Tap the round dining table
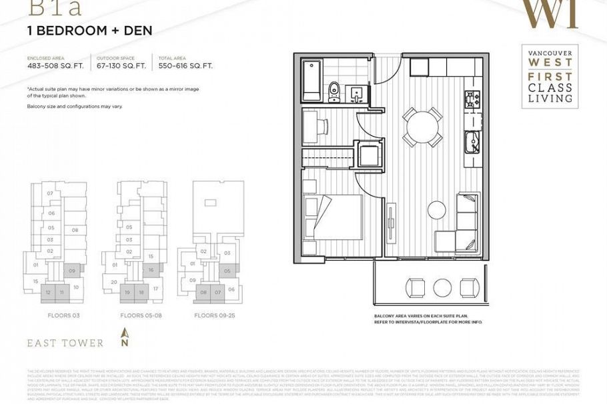click(x=422, y=125)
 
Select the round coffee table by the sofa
click(x=436, y=209)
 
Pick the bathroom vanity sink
click(x=357, y=93)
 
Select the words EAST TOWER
click(x=65, y=343)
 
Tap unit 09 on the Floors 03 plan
click(x=72, y=271)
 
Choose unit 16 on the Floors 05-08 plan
click(x=151, y=270)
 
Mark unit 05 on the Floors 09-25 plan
click(x=227, y=271)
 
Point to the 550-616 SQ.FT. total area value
click(x=185, y=65)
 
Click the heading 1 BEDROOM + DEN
click(x=89, y=31)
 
